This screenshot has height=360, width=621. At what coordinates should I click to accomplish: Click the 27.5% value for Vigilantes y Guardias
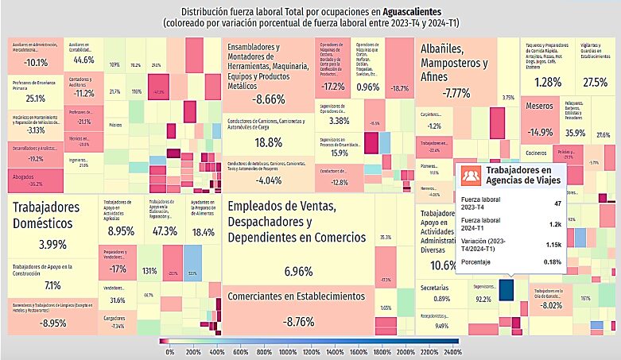point(594,83)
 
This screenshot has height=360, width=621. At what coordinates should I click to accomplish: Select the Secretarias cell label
point(433,285)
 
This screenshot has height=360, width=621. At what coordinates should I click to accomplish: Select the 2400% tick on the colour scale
point(452,350)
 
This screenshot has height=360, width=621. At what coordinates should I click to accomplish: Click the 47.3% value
point(165,231)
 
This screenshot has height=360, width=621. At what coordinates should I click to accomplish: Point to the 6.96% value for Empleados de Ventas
point(299,272)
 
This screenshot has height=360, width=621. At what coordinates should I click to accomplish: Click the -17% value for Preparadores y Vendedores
point(118,269)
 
